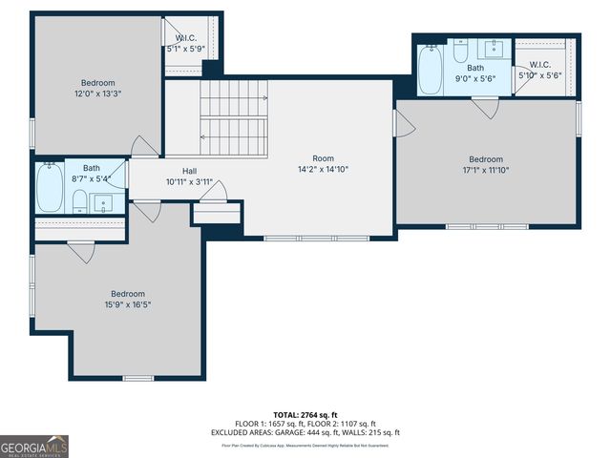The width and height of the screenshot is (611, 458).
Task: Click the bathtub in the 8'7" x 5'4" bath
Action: tap(50, 189)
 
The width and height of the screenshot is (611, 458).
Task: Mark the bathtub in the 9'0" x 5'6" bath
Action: tap(430, 69)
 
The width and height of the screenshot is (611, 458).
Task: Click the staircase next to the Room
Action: tap(233, 119)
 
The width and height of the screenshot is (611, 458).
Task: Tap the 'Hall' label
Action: tap(189, 171)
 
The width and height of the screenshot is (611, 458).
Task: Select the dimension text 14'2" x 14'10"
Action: tap(324, 170)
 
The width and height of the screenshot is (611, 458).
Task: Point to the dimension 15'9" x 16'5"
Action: tap(127, 304)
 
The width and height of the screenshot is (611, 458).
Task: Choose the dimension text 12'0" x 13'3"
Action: tap(98, 94)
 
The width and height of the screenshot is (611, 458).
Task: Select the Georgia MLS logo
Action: tap(34, 446)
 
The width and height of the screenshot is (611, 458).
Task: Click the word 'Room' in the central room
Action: tap(324, 158)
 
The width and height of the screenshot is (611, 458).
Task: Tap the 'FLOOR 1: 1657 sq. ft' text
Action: tap(269, 424)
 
